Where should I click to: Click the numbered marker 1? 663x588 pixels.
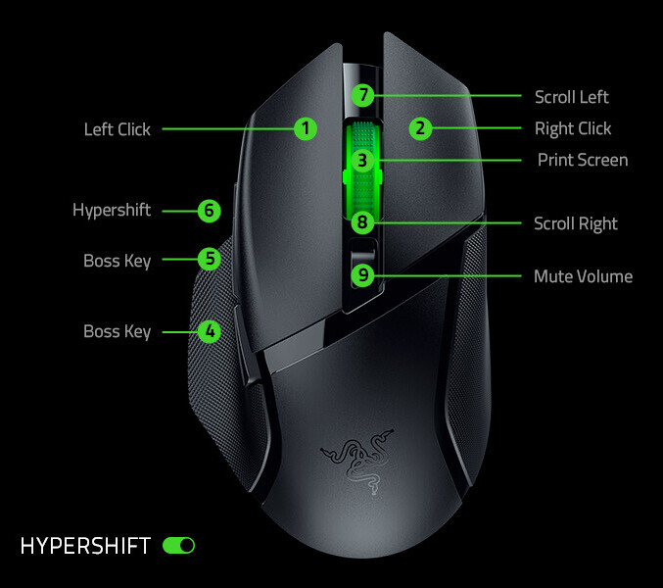click(306, 128)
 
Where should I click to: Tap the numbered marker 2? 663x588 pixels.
click(419, 128)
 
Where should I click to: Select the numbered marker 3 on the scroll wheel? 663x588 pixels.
click(362, 160)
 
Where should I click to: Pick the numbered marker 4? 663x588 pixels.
click(208, 331)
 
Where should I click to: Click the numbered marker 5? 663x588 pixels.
click(208, 259)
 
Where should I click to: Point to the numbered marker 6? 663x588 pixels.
click(208, 210)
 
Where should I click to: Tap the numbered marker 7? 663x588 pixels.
click(362, 96)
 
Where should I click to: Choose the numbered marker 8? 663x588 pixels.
click(362, 223)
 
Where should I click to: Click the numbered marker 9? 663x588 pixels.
click(362, 275)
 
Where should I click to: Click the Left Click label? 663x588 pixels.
click(118, 128)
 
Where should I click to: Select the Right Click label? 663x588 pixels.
click(573, 128)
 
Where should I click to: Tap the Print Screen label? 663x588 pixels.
click(583, 160)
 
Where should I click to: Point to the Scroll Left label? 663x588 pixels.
click(572, 97)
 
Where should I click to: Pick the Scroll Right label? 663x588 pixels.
click(576, 223)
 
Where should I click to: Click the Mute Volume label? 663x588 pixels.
click(583, 276)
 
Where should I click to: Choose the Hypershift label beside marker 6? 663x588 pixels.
click(112, 210)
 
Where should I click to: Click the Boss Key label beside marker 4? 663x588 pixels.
click(118, 331)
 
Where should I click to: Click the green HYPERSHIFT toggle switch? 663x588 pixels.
click(179, 546)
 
